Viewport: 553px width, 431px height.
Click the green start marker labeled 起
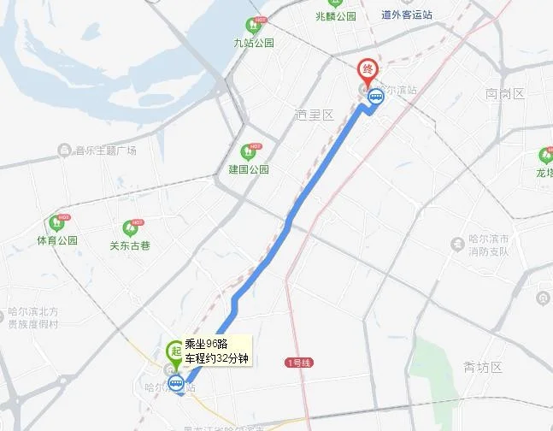pos(174,351)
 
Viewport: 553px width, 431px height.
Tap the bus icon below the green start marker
pos(176,382)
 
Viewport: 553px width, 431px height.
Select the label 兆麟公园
pos(335,15)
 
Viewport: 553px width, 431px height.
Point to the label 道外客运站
pos(407,15)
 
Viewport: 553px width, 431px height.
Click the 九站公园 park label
pos(254,43)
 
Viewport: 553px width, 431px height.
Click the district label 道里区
pos(313,115)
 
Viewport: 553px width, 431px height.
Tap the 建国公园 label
pos(249,169)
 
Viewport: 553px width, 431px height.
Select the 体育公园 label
pos(57,240)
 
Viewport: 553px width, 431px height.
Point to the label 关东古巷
pos(130,244)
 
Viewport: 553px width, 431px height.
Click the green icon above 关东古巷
pos(130,227)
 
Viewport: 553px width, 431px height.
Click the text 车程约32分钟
pos(216,357)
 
